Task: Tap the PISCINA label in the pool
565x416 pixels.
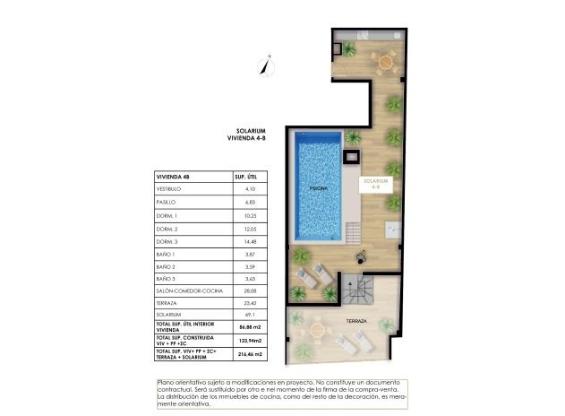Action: pos(319,189)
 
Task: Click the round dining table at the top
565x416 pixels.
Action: pos(386,62)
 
